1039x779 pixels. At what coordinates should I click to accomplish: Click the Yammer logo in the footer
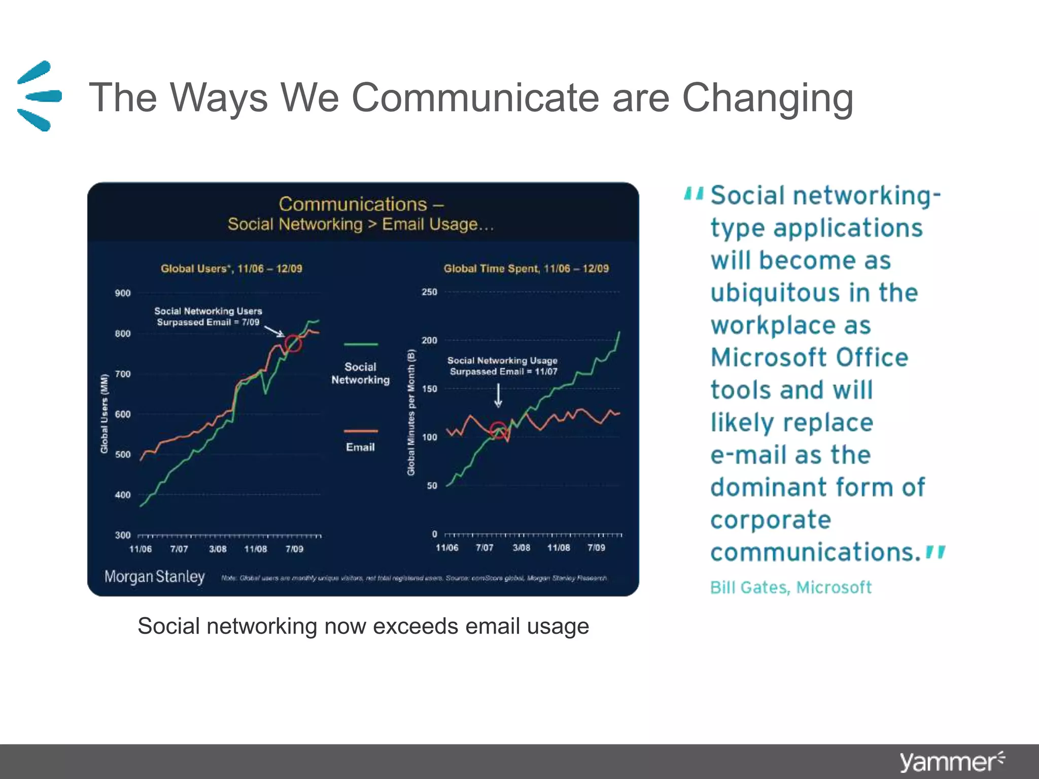[951, 762]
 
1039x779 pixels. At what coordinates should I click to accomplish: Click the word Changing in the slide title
[767, 97]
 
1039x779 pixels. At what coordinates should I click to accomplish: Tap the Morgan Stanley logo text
[154, 577]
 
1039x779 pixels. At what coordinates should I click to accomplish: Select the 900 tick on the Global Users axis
[123, 293]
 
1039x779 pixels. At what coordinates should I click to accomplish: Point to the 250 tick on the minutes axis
[429, 292]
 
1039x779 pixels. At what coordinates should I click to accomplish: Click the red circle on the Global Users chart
[293, 343]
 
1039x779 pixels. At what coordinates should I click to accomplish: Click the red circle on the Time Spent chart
[498, 430]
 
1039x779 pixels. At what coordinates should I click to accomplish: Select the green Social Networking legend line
[361, 344]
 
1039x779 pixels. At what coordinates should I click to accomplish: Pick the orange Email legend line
[361, 431]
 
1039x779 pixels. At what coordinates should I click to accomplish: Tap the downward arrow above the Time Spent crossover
[498, 396]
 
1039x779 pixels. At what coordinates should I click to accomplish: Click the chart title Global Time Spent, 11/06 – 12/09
[526, 269]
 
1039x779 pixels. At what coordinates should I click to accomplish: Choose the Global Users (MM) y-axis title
[105, 413]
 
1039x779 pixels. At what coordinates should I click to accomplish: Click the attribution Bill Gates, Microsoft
[790, 587]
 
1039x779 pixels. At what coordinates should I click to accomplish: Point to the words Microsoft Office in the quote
[809, 358]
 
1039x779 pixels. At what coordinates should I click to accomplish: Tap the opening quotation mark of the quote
[694, 194]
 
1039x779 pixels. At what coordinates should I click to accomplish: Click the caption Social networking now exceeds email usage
[363, 626]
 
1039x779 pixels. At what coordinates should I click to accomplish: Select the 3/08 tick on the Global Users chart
[218, 549]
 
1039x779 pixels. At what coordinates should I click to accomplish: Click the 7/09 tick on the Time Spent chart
[596, 548]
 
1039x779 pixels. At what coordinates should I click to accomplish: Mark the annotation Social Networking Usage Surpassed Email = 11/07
[502, 366]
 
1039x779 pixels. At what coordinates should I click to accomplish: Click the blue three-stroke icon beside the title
[39, 96]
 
